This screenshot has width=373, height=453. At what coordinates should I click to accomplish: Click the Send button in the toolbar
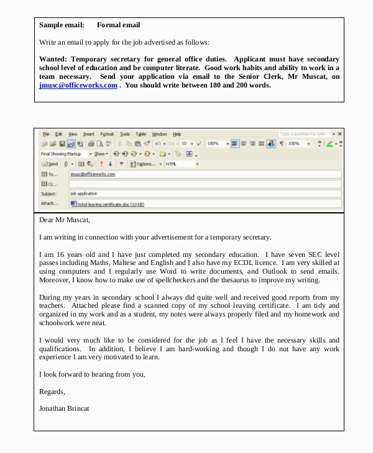point(50,164)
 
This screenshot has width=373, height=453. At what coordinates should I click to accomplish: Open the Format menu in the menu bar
point(107,134)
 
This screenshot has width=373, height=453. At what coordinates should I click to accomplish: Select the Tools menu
point(125,134)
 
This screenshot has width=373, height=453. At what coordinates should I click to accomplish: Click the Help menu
point(177,134)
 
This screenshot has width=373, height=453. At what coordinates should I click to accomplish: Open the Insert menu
point(89,134)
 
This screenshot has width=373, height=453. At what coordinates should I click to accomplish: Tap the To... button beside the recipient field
point(50,174)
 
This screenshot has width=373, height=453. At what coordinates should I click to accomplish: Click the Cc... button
point(50,184)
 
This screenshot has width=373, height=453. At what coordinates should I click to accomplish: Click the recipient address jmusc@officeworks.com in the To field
point(93,174)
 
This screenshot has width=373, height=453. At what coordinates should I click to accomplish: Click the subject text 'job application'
point(84,194)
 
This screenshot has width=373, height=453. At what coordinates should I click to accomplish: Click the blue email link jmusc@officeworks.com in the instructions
point(78,86)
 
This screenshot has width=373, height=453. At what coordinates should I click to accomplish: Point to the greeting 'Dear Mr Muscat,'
point(65,220)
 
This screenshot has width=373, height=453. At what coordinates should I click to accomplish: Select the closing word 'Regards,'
point(52,392)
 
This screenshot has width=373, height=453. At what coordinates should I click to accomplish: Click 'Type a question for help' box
point(303,133)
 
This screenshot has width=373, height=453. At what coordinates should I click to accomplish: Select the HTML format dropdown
point(181,164)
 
